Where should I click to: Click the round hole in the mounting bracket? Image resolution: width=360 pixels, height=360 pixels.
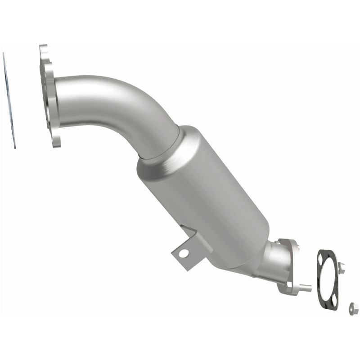pos(183,254)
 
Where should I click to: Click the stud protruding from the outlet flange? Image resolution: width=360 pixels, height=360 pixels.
pos(306,287)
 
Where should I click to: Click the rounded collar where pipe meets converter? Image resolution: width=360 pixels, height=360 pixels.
pos(162,144)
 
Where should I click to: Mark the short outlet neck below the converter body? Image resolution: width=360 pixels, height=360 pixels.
pos(270,256)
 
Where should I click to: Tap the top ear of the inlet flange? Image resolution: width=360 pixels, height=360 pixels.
pos(44,52)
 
